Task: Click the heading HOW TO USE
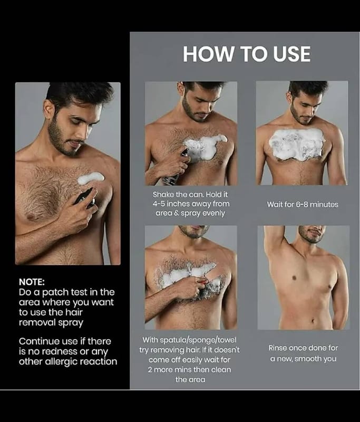247,54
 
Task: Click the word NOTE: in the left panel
32,282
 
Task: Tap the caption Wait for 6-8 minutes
303,204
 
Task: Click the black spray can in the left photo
85,199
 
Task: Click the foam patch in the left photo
91,178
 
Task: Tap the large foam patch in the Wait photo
297,144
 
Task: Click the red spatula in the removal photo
203,282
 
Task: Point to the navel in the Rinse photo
313,321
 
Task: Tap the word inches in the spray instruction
177,204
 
